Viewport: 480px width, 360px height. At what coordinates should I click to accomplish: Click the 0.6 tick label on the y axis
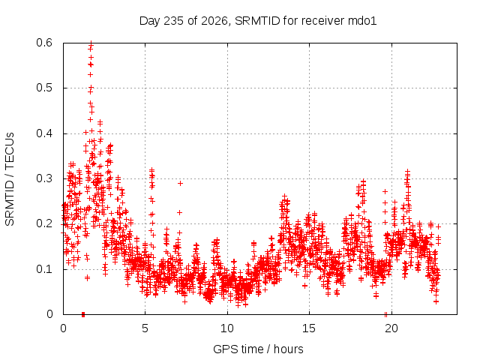point(44,43)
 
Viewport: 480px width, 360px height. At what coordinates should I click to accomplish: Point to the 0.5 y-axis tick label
point(44,88)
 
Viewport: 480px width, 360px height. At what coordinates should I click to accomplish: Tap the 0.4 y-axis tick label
point(44,133)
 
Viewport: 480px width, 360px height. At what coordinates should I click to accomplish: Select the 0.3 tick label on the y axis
point(44,178)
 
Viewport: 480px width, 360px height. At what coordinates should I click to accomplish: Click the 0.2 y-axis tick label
point(44,223)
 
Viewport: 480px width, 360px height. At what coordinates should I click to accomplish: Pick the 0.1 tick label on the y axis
point(44,269)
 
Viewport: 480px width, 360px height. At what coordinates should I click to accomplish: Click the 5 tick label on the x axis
point(145,328)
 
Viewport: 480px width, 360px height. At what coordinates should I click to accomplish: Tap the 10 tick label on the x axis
point(226,328)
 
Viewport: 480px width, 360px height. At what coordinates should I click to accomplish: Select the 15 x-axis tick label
point(309,328)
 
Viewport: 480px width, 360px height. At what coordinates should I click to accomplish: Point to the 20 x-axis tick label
point(391,328)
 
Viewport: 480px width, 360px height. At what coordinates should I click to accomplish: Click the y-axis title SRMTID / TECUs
point(10,179)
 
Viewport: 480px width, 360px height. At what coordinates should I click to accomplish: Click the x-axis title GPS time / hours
point(258,349)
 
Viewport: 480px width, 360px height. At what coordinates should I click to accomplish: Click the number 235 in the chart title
point(173,21)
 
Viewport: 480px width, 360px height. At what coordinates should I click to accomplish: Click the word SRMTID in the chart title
point(257,21)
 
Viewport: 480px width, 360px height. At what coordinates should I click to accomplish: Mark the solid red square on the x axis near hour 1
point(83,314)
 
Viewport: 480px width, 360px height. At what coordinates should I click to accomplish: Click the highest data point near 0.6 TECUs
point(91,43)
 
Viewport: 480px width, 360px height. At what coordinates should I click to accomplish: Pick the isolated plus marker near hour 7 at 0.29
point(180,183)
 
